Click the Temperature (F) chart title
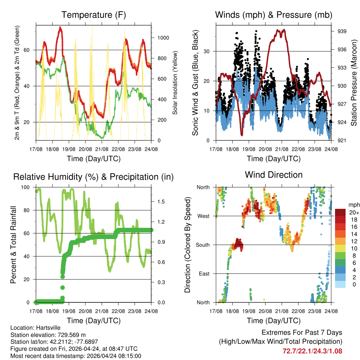(x=94, y=15)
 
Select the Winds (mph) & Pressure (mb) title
(x=274, y=15)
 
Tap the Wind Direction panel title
(x=274, y=175)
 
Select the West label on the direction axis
(x=203, y=216)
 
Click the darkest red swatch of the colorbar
(x=340, y=212)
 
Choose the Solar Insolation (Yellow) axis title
(x=175, y=83)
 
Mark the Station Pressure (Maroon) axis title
(x=354, y=83)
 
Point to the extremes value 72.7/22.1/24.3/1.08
(x=312, y=351)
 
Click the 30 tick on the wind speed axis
(x=207, y=51)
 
